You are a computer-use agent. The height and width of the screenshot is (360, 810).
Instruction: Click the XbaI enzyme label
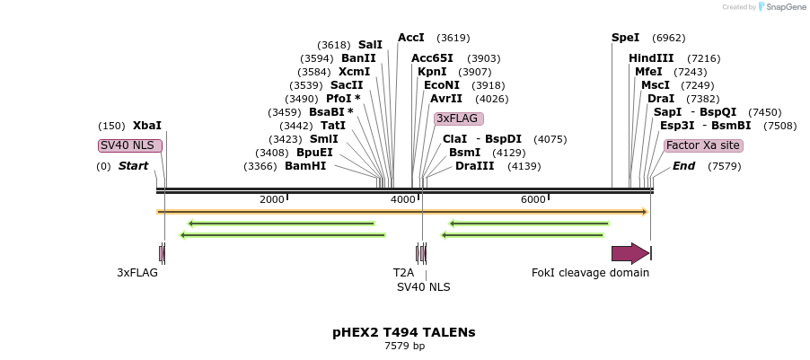click(x=147, y=126)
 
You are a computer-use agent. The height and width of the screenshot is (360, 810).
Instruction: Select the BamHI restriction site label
click(x=305, y=166)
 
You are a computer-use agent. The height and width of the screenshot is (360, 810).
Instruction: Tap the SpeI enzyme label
click(x=625, y=38)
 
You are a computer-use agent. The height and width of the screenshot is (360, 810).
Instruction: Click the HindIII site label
click(x=651, y=58)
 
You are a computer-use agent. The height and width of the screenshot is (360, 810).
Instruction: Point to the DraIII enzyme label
click(x=474, y=166)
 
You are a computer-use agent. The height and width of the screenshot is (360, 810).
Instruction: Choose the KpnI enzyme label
click(x=432, y=72)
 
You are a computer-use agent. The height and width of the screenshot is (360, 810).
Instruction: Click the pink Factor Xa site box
click(x=703, y=145)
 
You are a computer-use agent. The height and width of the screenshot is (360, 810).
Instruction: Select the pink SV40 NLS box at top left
click(x=130, y=145)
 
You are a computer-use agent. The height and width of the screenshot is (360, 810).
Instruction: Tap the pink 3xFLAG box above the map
click(x=458, y=119)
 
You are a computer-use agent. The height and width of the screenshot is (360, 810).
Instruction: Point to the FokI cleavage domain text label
click(x=590, y=273)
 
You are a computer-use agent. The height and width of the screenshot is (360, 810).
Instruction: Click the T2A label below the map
click(x=403, y=273)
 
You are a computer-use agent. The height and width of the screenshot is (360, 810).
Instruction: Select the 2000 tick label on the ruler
click(x=271, y=199)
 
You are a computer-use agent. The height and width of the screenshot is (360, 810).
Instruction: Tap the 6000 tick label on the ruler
click(x=533, y=199)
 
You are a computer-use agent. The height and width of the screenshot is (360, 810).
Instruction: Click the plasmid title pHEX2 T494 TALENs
click(x=404, y=332)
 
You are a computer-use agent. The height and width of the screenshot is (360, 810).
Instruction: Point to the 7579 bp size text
click(x=404, y=346)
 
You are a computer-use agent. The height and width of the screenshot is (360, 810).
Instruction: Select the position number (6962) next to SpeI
click(x=668, y=38)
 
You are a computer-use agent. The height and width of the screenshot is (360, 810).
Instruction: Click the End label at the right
click(x=683, y=166)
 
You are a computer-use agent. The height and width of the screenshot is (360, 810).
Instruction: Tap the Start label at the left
click(x=133, y=166)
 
